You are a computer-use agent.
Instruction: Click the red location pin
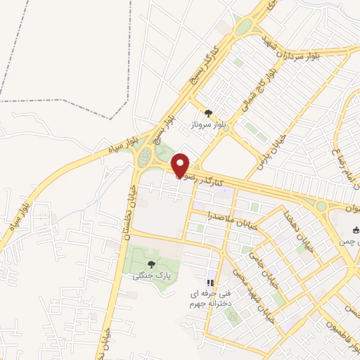[181, 165]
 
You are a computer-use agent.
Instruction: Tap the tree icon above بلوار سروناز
[207, 112]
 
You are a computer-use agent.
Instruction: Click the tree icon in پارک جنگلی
[151, 264]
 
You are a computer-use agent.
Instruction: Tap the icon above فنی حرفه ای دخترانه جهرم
[209, 283]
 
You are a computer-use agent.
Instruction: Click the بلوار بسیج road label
[169, 137]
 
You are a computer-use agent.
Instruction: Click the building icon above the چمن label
[356, 230]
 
